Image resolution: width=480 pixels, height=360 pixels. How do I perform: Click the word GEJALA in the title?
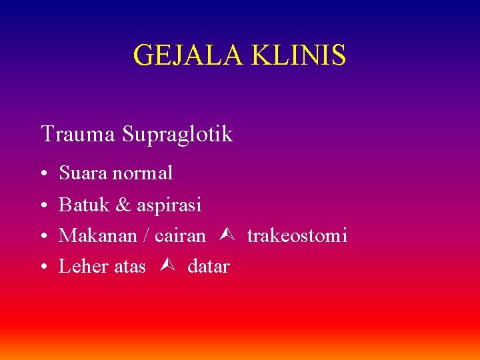pyautogui.click(x=189, y=55)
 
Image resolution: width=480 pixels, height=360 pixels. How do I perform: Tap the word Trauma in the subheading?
pyautogui.click(x=78, y=134)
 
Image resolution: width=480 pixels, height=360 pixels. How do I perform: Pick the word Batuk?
pyautogui.click(x=83, y=205)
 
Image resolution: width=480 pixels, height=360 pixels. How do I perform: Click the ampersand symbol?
pyautogui.click(x=123, y=205)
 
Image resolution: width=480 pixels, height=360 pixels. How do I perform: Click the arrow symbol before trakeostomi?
pyautogui.click(x=225, y=235)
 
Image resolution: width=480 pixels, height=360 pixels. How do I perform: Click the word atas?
pyautogui.click(x=130, y=267)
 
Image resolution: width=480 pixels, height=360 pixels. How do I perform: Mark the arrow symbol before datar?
pyautogui.click(x=167, y=266)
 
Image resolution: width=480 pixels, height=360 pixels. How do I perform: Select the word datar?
pyautogui.click(x=209, y=267)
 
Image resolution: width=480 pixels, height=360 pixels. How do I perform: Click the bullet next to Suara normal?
pyautogui.click(x=43, y=174)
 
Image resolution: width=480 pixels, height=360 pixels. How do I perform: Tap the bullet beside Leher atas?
pyautogui.click(x=43, y=267)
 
